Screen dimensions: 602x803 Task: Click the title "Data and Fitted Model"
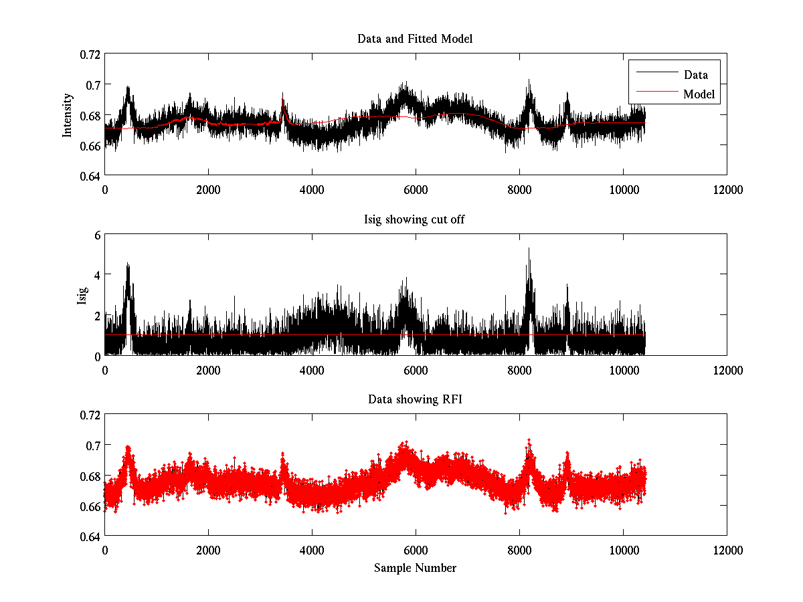click(x=415, y=39)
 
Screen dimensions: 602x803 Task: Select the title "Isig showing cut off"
click(x=415, y=219)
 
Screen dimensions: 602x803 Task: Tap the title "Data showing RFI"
click(x=415, y=399)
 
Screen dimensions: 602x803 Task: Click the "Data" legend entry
click(x=695, y=75)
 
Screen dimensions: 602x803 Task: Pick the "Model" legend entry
click(x=699, y=94)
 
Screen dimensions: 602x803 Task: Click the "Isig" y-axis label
click(x=82, y=295)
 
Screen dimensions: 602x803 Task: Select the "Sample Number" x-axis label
click(x=415, y=568)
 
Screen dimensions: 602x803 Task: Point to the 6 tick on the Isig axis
click(x=96, y=235)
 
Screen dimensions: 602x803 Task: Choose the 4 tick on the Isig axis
click(x=96, y=275)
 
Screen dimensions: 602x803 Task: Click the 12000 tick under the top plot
click(x=727, y=189)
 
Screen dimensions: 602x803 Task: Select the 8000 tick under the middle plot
click(x=519, y=369)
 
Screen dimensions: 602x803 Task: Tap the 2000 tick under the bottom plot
click(x=208, y=550)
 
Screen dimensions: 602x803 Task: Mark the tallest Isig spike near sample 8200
click(x=529, y=249)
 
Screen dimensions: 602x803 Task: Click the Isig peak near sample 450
click(x=127, y=264)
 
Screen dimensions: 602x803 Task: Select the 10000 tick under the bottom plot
click(x=623, y=550)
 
